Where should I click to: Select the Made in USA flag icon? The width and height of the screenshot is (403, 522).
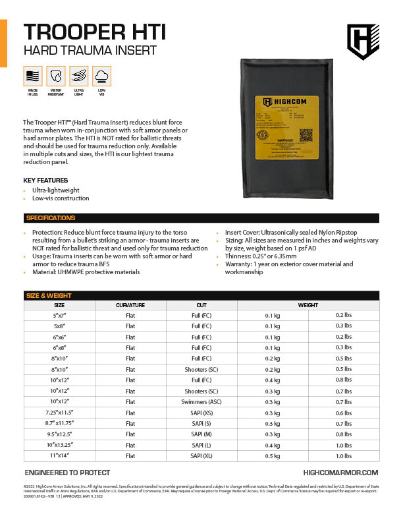coord(32,76)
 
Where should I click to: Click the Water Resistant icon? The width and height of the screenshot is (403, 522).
coord(56,76)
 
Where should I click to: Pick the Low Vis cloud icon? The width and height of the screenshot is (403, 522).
coord(102,76)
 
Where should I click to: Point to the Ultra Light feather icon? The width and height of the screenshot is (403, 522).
coord(79,76)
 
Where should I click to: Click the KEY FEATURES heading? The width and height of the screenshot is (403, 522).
coord(45,181)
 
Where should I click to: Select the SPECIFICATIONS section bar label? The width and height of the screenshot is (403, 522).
coord(51,218)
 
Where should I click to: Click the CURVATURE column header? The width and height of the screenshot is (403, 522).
coord(130,305)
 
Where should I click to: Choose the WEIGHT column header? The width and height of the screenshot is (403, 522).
coord(308,305)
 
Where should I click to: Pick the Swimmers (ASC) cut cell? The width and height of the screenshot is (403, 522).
coord(201,401)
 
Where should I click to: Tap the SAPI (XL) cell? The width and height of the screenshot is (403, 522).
coord(201,455)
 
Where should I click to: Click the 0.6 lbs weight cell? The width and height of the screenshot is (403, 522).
coord(343,412)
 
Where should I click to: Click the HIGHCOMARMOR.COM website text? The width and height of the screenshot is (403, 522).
coord(340,473)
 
